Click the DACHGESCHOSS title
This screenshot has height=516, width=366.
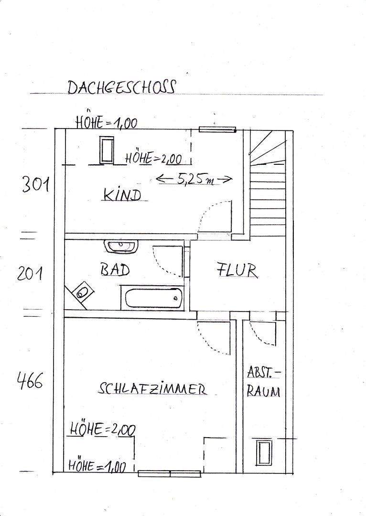121,87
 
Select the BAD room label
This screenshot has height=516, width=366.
115,270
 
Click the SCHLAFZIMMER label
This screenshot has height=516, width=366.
152,389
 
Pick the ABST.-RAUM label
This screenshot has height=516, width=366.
264,382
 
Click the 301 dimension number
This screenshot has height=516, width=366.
35,184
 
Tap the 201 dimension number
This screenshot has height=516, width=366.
31,274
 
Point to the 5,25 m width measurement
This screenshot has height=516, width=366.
194,180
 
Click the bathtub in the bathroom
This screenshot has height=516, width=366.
152,297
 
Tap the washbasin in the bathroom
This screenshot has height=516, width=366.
121,247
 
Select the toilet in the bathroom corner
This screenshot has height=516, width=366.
82,291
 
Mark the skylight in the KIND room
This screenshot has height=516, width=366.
106,150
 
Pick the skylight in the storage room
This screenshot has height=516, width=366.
264,452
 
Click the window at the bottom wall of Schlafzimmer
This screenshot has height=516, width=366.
170,473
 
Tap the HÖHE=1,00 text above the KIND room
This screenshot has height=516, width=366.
107,123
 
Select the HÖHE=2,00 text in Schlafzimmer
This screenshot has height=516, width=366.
102,430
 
